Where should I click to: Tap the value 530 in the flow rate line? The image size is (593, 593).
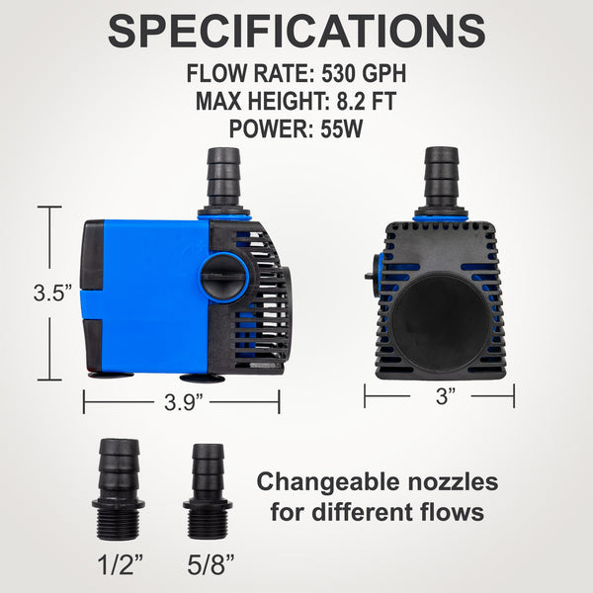[339, 73]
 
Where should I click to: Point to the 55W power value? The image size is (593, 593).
[342, 128]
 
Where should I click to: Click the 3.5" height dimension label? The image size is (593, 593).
[52, 293]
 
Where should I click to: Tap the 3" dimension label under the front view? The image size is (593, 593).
[446, 396]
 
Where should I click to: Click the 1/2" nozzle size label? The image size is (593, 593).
[120, 565]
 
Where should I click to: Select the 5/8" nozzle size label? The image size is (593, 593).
[211, 565]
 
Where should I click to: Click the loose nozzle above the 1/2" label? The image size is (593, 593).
[119, 489]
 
